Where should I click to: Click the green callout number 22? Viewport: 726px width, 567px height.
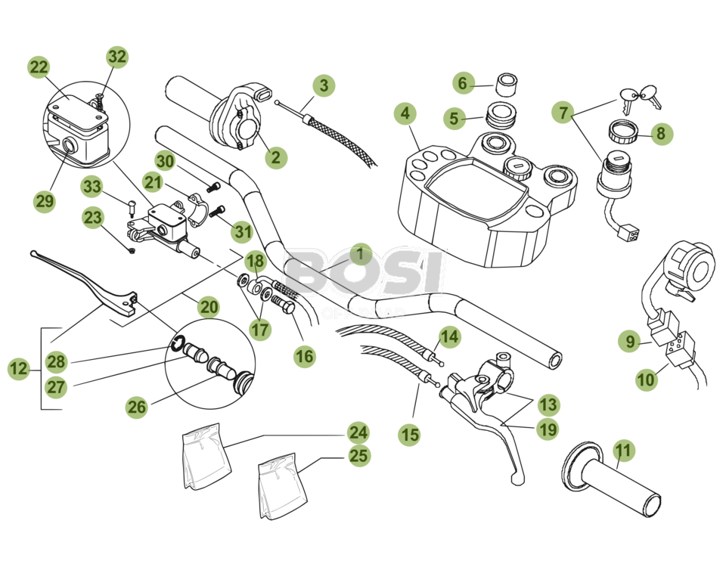pyautogui.click(x=39, y=67)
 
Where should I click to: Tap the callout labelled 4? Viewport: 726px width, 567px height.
pyautogui.click(x=405, y=114)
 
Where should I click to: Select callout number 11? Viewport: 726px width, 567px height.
pyautogui.click(x=622, y=451)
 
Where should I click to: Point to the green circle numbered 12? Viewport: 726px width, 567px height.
pyautogui.click(x=19, y=370)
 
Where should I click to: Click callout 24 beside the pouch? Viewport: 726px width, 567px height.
pyautogui.click(x=358, y=432)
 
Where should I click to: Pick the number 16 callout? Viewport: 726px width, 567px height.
pyautogui.click(x=305, y=356)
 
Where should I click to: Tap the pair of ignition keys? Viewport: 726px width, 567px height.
pyautogui.click(x=638, y=96)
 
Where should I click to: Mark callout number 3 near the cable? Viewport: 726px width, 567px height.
pyautogui.click(x=324, y=85)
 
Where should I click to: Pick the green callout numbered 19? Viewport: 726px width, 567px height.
pyautogui.click(x=547, y=430)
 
